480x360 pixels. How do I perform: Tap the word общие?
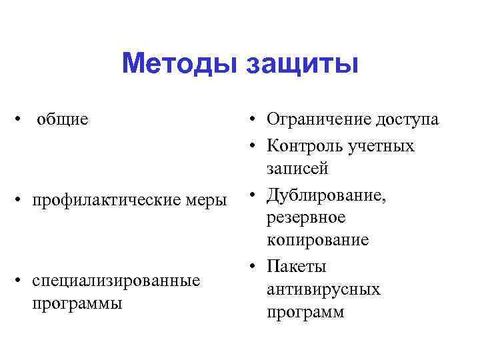(63, 119)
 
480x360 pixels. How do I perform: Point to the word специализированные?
(117, 280)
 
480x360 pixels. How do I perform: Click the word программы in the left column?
(77, 303)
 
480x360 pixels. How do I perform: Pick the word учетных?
(384, 145)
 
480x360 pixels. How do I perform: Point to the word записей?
(297, 168)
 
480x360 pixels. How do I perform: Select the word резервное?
(305, 217)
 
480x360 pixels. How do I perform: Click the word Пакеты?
(296, 267)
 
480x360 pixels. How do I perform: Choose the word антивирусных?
(323, 289)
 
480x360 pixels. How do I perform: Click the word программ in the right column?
(305, 312)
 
